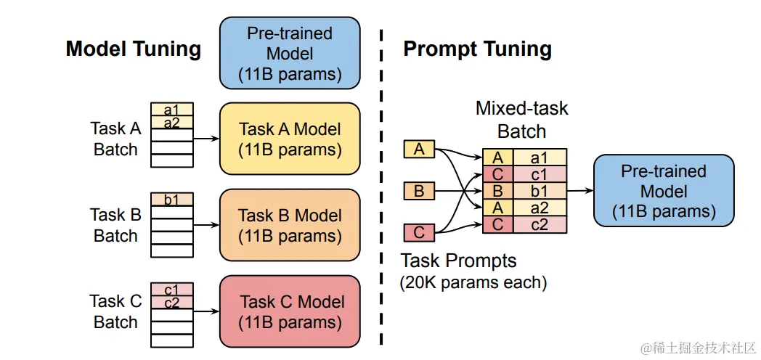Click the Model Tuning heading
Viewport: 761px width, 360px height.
[x=133, y=49]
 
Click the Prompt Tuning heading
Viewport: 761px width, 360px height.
[x=477, y=49]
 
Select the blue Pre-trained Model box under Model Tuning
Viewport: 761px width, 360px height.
[x=290, y=54]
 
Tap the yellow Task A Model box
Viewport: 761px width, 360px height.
[x=290, y=139]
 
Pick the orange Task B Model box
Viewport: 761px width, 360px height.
[x=290, y=225]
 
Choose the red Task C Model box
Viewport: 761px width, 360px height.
[x=290, y=311]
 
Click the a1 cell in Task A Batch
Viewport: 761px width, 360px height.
[x=171, y=110]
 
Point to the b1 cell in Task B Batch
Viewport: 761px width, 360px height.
[x=171, y=199]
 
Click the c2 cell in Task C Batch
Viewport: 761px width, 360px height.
[x=171, y=303]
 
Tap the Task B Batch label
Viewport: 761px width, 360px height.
[x=115, y=225]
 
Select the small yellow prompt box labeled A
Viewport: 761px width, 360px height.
[x=419, y=150]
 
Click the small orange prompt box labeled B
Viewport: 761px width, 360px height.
[x=419, y=192]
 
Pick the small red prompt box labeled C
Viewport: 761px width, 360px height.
[x=419, y=233]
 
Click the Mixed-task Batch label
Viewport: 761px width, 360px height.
[x=521, y=120]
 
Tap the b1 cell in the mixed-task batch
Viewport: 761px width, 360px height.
[x=540, y=192]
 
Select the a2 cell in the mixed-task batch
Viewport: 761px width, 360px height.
[x=540, y=208]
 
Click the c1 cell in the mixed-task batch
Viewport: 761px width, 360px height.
[x=540, y=175]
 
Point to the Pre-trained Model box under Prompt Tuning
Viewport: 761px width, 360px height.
[x=663, y=191]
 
